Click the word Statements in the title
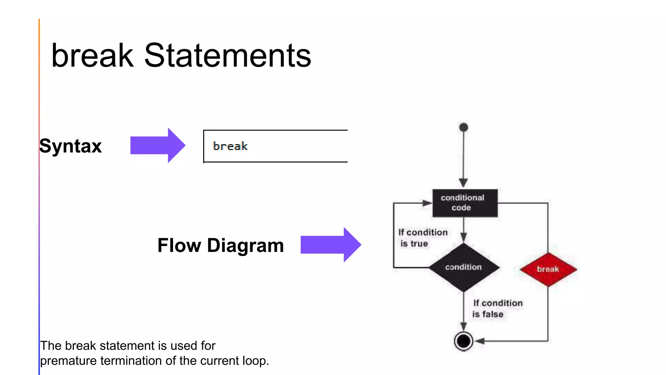(227, 56)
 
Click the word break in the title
(92, 56)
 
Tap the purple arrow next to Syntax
(158, 145)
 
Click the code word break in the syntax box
(230, 146)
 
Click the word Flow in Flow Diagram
(179, 245)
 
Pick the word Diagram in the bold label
(245, 245)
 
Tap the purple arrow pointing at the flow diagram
(330, 245)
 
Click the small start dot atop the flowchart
(464, 127)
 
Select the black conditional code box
(465, 203)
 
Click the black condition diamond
(464, 267)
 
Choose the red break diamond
(548, 269)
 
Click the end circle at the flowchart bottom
(463, 341)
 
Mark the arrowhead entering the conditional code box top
(463, 183)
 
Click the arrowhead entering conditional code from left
(427, 203)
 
